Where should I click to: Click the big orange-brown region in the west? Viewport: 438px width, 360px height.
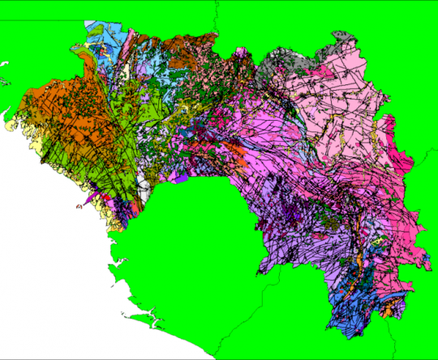tap(53, 109)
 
